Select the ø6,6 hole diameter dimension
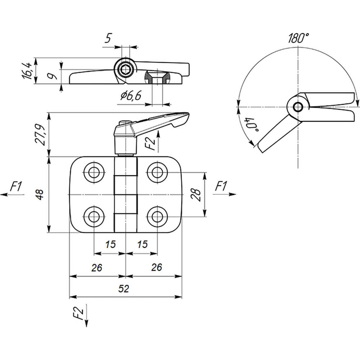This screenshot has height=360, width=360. (131, 95)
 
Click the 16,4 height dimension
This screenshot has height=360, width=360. (27, 71)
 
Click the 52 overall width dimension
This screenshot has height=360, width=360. (123, 289)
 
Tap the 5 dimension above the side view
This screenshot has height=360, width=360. (108, 38)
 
